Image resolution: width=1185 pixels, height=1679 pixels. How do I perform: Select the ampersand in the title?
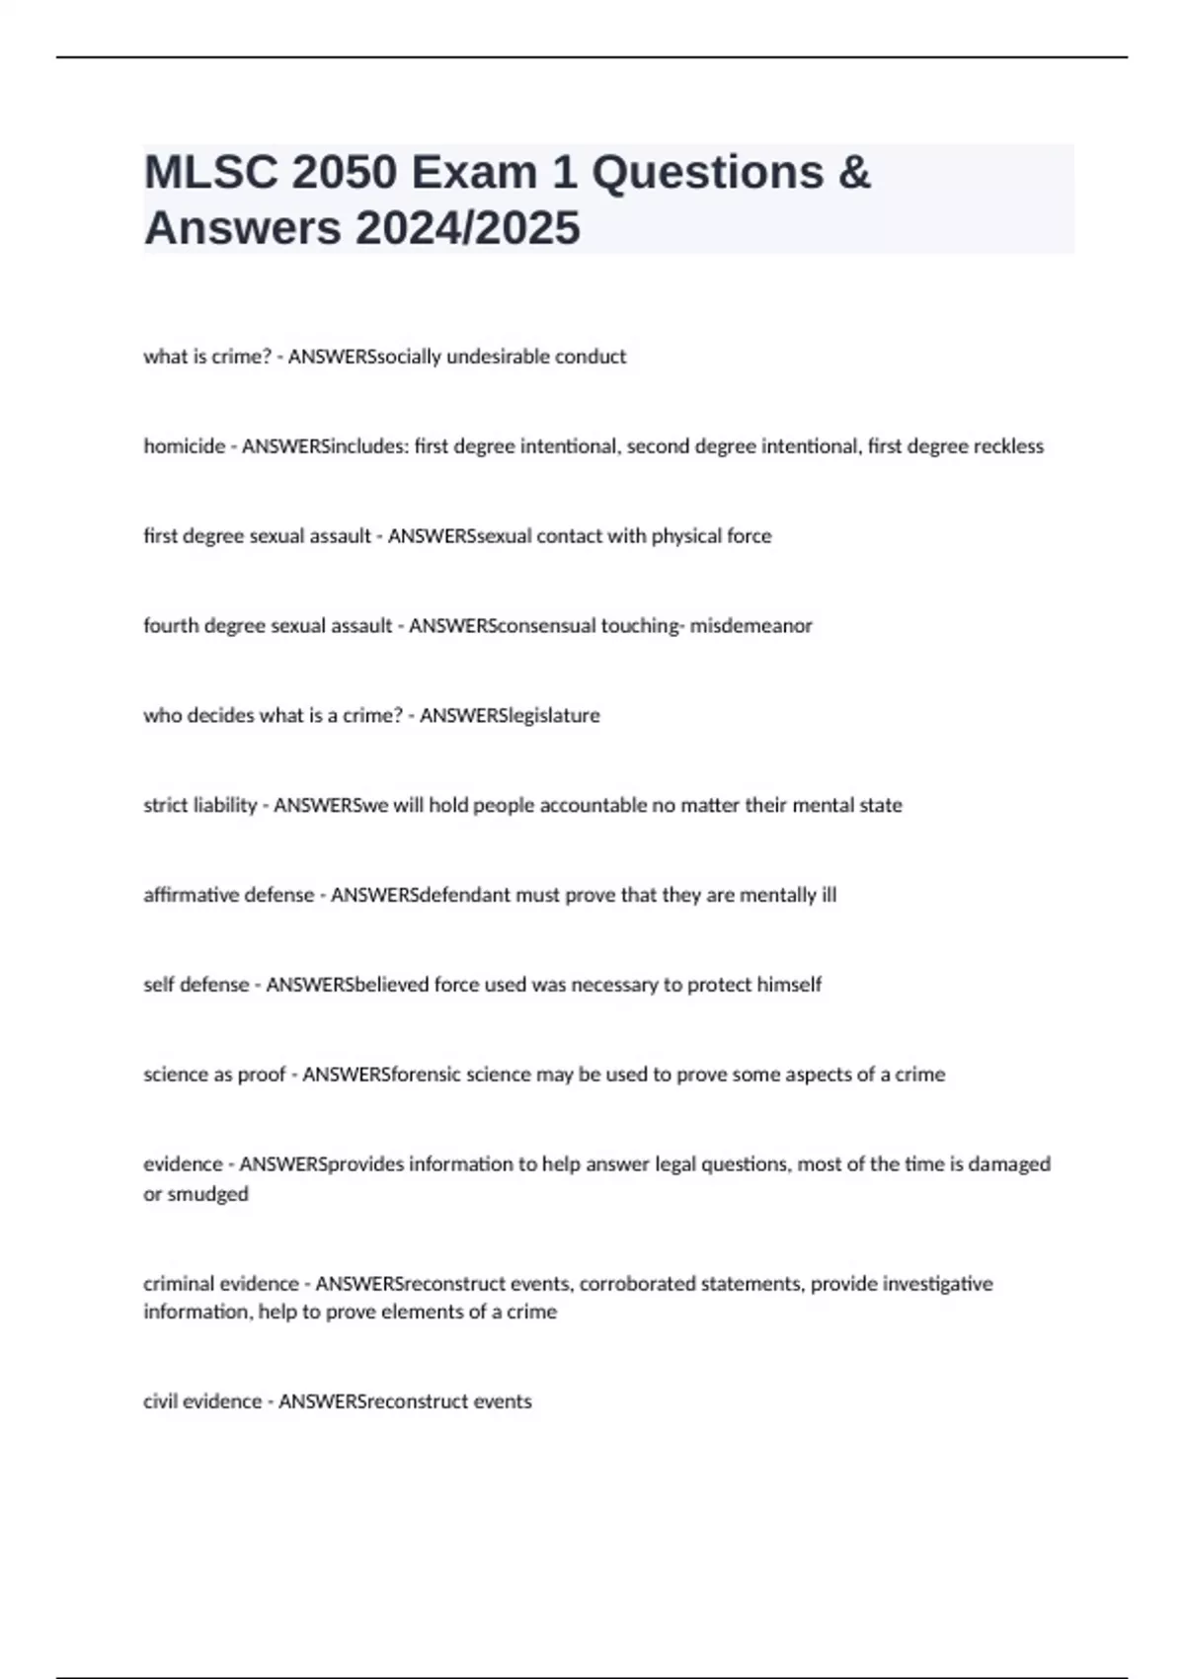pos(854,173)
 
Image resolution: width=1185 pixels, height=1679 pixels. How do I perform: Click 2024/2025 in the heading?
pos(468,229)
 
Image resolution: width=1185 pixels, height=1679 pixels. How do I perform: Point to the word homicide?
pos(184,446)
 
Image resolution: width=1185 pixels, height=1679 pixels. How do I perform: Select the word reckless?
pos(1008,446)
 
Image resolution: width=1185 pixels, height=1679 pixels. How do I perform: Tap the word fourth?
pos(171,626)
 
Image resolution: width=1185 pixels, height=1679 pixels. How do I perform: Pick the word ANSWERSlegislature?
pos(510,716)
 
